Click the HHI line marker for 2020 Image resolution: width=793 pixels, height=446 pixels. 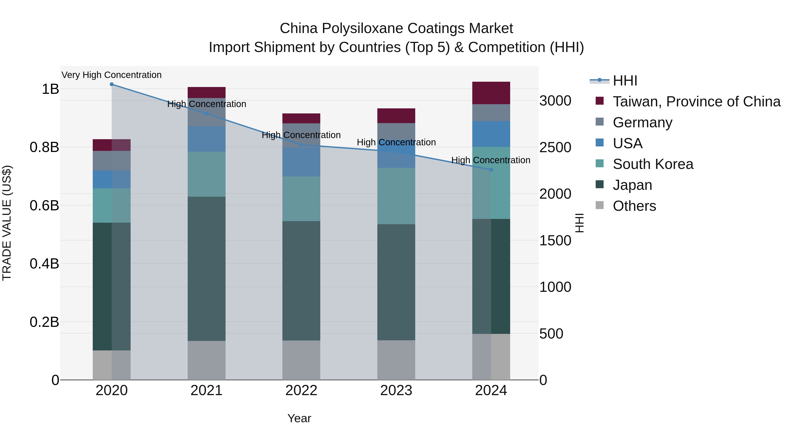112,84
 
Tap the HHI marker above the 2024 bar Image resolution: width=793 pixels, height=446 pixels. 491,170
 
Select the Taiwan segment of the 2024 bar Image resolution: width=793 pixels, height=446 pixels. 491,93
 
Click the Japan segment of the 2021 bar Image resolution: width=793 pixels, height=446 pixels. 207,268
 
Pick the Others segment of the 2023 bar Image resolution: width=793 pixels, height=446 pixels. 396,360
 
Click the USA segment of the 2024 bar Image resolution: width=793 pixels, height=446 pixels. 491,134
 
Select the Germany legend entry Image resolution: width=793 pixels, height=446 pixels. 643,122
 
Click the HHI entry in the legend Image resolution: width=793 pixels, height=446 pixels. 625,81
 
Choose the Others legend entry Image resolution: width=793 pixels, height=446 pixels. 634,206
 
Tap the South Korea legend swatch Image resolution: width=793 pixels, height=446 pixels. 600,163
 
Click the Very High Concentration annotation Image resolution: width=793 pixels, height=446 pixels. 111,75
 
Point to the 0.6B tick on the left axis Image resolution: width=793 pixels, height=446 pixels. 44,205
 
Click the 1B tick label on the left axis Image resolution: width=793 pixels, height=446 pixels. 50,89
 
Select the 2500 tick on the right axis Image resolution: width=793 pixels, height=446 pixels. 555,147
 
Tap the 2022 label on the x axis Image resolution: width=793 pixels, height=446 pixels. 301,390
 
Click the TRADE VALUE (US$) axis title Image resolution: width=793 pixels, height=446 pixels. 7,223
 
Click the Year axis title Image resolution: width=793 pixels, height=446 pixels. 299,418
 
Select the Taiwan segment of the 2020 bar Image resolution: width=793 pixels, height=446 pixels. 112,145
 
